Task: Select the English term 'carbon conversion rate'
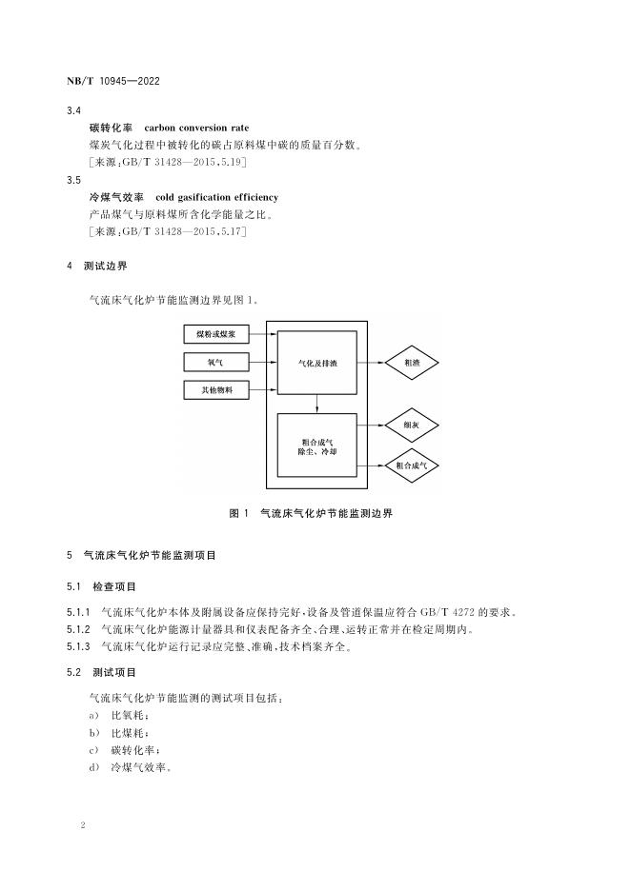coord(201,128)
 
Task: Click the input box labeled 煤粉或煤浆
coord(215,335)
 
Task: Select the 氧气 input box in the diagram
coord(215,363)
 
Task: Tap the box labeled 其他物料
coord(215,390)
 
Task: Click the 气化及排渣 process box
coord(317,363)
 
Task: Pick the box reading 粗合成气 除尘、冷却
coord(317,445)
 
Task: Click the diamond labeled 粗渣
coord(413,363)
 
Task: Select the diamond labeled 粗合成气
coord(413,465)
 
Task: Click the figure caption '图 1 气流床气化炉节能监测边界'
coord(311,513)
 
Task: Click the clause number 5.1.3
coord(78,647)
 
